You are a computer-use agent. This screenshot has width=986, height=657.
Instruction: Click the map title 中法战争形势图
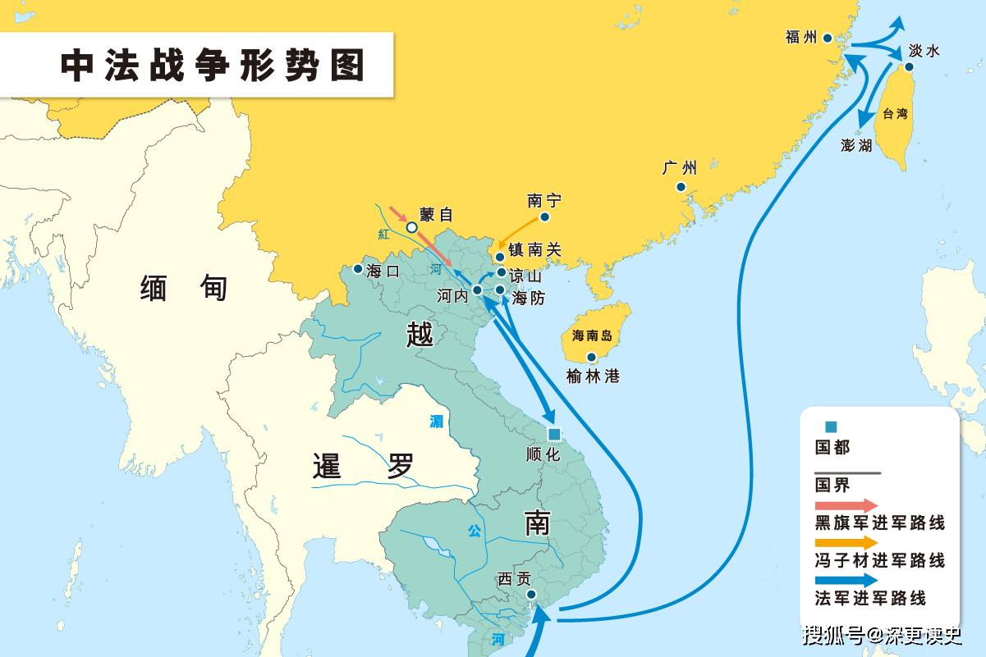coord(213,66)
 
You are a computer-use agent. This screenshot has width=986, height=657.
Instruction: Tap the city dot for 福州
coord(828,38)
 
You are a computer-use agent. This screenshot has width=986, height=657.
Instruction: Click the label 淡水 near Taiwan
coord(924,51)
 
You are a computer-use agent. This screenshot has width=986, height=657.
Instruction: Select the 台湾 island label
coord(895,114)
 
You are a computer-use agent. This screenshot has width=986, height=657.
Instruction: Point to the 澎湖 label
coord(857,146)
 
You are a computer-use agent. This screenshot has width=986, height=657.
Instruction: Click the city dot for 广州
coord(681,187)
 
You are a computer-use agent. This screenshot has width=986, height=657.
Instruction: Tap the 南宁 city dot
coord(544,218)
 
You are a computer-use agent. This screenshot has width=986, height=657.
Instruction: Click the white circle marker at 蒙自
coord(412,227)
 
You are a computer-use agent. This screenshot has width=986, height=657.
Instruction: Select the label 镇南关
coord(534,250)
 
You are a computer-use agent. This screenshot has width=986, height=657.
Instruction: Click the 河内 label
coord(453,295)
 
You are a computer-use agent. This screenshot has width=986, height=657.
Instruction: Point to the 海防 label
coord(529,299)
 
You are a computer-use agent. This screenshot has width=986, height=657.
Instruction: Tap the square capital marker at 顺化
coord(554,434)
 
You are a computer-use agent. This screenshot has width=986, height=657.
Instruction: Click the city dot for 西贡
coord(531,594)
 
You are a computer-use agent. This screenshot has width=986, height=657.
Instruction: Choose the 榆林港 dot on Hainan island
coord(591,357)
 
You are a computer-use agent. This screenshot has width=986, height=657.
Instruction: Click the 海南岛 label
coord(593,335)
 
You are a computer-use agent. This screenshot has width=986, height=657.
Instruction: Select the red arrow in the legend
coord(846,506)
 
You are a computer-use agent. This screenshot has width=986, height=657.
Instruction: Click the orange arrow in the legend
coord(846,542)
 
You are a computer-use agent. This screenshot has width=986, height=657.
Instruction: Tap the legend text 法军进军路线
coord(870,599)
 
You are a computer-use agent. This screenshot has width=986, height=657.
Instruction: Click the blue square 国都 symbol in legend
coord(831,427)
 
